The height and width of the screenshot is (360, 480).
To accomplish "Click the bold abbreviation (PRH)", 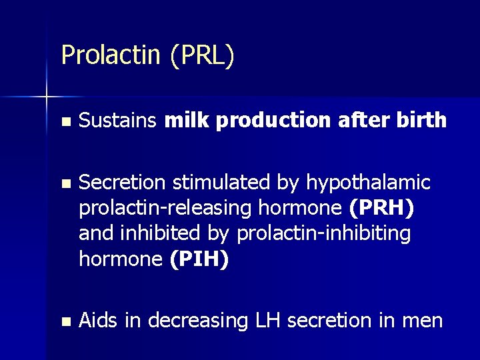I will (x=381, y=208).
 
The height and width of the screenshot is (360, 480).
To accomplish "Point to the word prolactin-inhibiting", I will (x=323, y=234).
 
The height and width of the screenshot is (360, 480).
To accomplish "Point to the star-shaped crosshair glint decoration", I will (x=47, y=97).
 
